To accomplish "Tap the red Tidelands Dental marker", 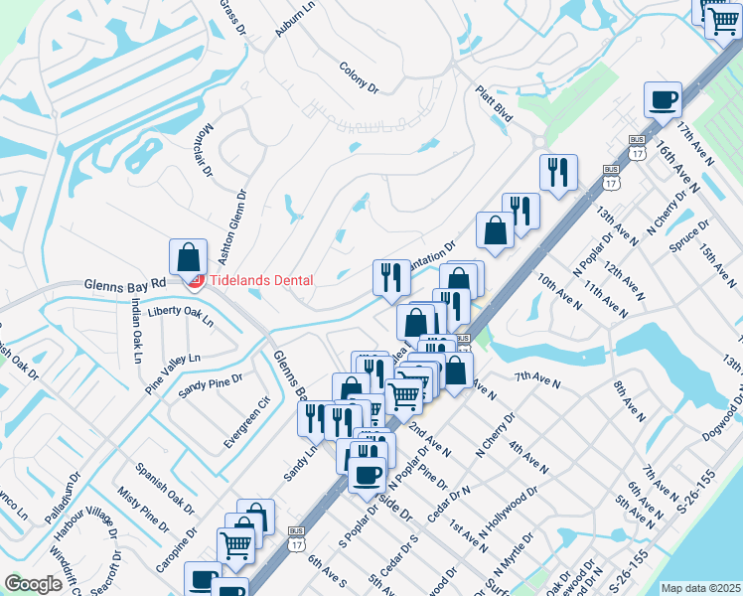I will (x=196, y=281).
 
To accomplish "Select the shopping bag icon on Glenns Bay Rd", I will (x=188, y=257).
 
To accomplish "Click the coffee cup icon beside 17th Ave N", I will (x=663, y=100).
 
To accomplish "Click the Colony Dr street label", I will (x=360, y=77).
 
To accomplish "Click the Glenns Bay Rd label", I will (x=124, y=284).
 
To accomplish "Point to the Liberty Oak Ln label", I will (x=180, y=316).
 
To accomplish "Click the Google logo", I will (x=33, y=583).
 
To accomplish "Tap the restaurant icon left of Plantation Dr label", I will (x=391, y=277).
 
